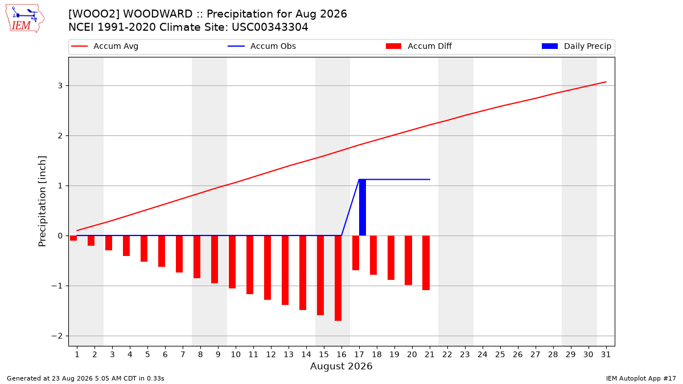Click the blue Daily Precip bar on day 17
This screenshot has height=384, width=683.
pos(363,208)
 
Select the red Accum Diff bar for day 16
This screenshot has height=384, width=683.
pos(338,278)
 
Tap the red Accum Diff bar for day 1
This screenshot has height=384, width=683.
pos(73,238)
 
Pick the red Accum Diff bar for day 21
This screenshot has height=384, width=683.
pos(426,263)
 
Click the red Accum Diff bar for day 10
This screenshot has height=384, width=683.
pos(232,262)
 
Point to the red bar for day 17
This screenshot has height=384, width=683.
pos(356,253)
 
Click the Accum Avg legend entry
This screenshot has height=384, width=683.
pos(105,46)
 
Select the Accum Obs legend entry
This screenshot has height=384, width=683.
pos(262,46)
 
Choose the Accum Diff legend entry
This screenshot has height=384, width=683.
pos(419,46)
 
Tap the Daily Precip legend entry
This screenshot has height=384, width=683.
pos(577,46)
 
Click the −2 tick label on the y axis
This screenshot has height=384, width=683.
pos(57,336)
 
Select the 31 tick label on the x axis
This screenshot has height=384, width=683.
pos(606,354)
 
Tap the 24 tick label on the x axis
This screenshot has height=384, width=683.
pos(483,354)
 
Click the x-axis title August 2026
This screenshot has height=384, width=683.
pos(341,366)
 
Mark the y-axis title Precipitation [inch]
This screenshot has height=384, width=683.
pos(42,201)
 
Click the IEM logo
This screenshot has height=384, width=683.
pos(25,19)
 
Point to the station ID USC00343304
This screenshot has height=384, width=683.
pos(270,27)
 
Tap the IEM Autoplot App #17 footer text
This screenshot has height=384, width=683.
pos(641,378)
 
